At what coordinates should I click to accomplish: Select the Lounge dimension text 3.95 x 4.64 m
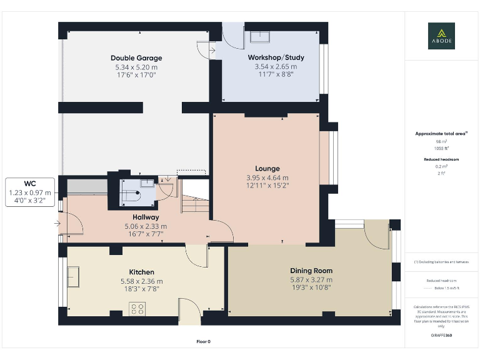(267, 177)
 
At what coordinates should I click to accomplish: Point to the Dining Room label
(311, 271)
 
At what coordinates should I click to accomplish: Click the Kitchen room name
(141, 272)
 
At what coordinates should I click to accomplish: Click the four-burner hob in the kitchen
(137, 308)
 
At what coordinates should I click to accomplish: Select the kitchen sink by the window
(73, 276)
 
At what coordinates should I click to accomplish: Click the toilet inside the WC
(132, 194)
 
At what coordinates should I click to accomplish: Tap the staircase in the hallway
(194, 203)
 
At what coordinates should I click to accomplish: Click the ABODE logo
(441, 36)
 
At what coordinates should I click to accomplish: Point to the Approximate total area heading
(441, 134)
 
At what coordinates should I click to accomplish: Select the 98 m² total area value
(441, 142)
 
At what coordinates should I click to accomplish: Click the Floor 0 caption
(203, 341)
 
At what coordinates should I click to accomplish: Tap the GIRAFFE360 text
(441, 336)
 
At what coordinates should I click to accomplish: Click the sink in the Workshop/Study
(259, 36)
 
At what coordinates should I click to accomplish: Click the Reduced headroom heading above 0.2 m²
(441, 159)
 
